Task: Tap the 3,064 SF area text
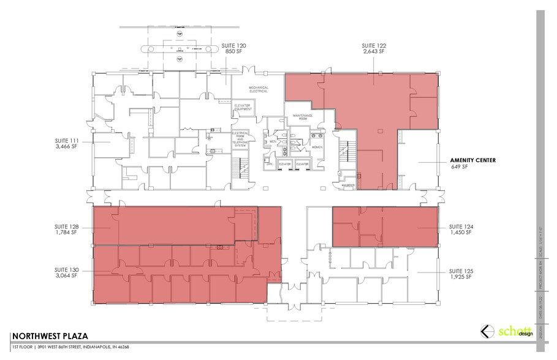click(x=66, y=276)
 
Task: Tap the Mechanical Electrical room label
click(x=259, y=90)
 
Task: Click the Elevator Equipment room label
click(x=243, y=108)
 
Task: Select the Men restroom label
click(x=273, y=141)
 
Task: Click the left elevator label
click(x=284, y=164)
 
